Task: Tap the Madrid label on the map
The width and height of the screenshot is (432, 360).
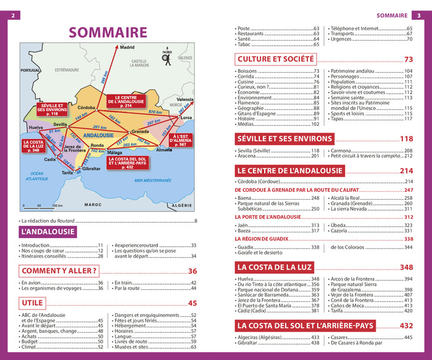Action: click(x=128, y=47)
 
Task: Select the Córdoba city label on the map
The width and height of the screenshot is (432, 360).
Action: click(x=86, y=108)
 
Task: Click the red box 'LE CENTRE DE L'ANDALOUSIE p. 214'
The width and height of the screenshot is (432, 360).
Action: click(x=123, y=101)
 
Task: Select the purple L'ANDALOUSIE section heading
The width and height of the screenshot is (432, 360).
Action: click(x=47, y=232)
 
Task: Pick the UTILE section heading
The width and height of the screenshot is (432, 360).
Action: click(x=32, y=303)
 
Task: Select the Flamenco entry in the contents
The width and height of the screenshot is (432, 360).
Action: click(x=249, y=102)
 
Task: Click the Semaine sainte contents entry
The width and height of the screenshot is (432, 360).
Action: click(x=349, y=97)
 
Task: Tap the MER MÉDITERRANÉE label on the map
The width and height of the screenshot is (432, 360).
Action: click(x=152, y=180)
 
